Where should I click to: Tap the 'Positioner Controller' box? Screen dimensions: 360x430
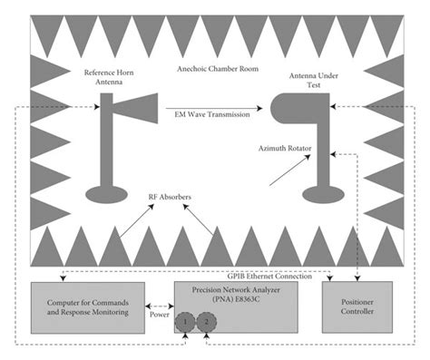click(361, 306)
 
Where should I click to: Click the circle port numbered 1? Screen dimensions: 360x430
click(186, 321)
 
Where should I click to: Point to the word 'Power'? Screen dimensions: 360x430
click(161, 318)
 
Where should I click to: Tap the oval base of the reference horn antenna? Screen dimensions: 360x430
click(106, 193)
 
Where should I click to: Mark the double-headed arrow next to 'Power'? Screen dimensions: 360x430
click(160, 308)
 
